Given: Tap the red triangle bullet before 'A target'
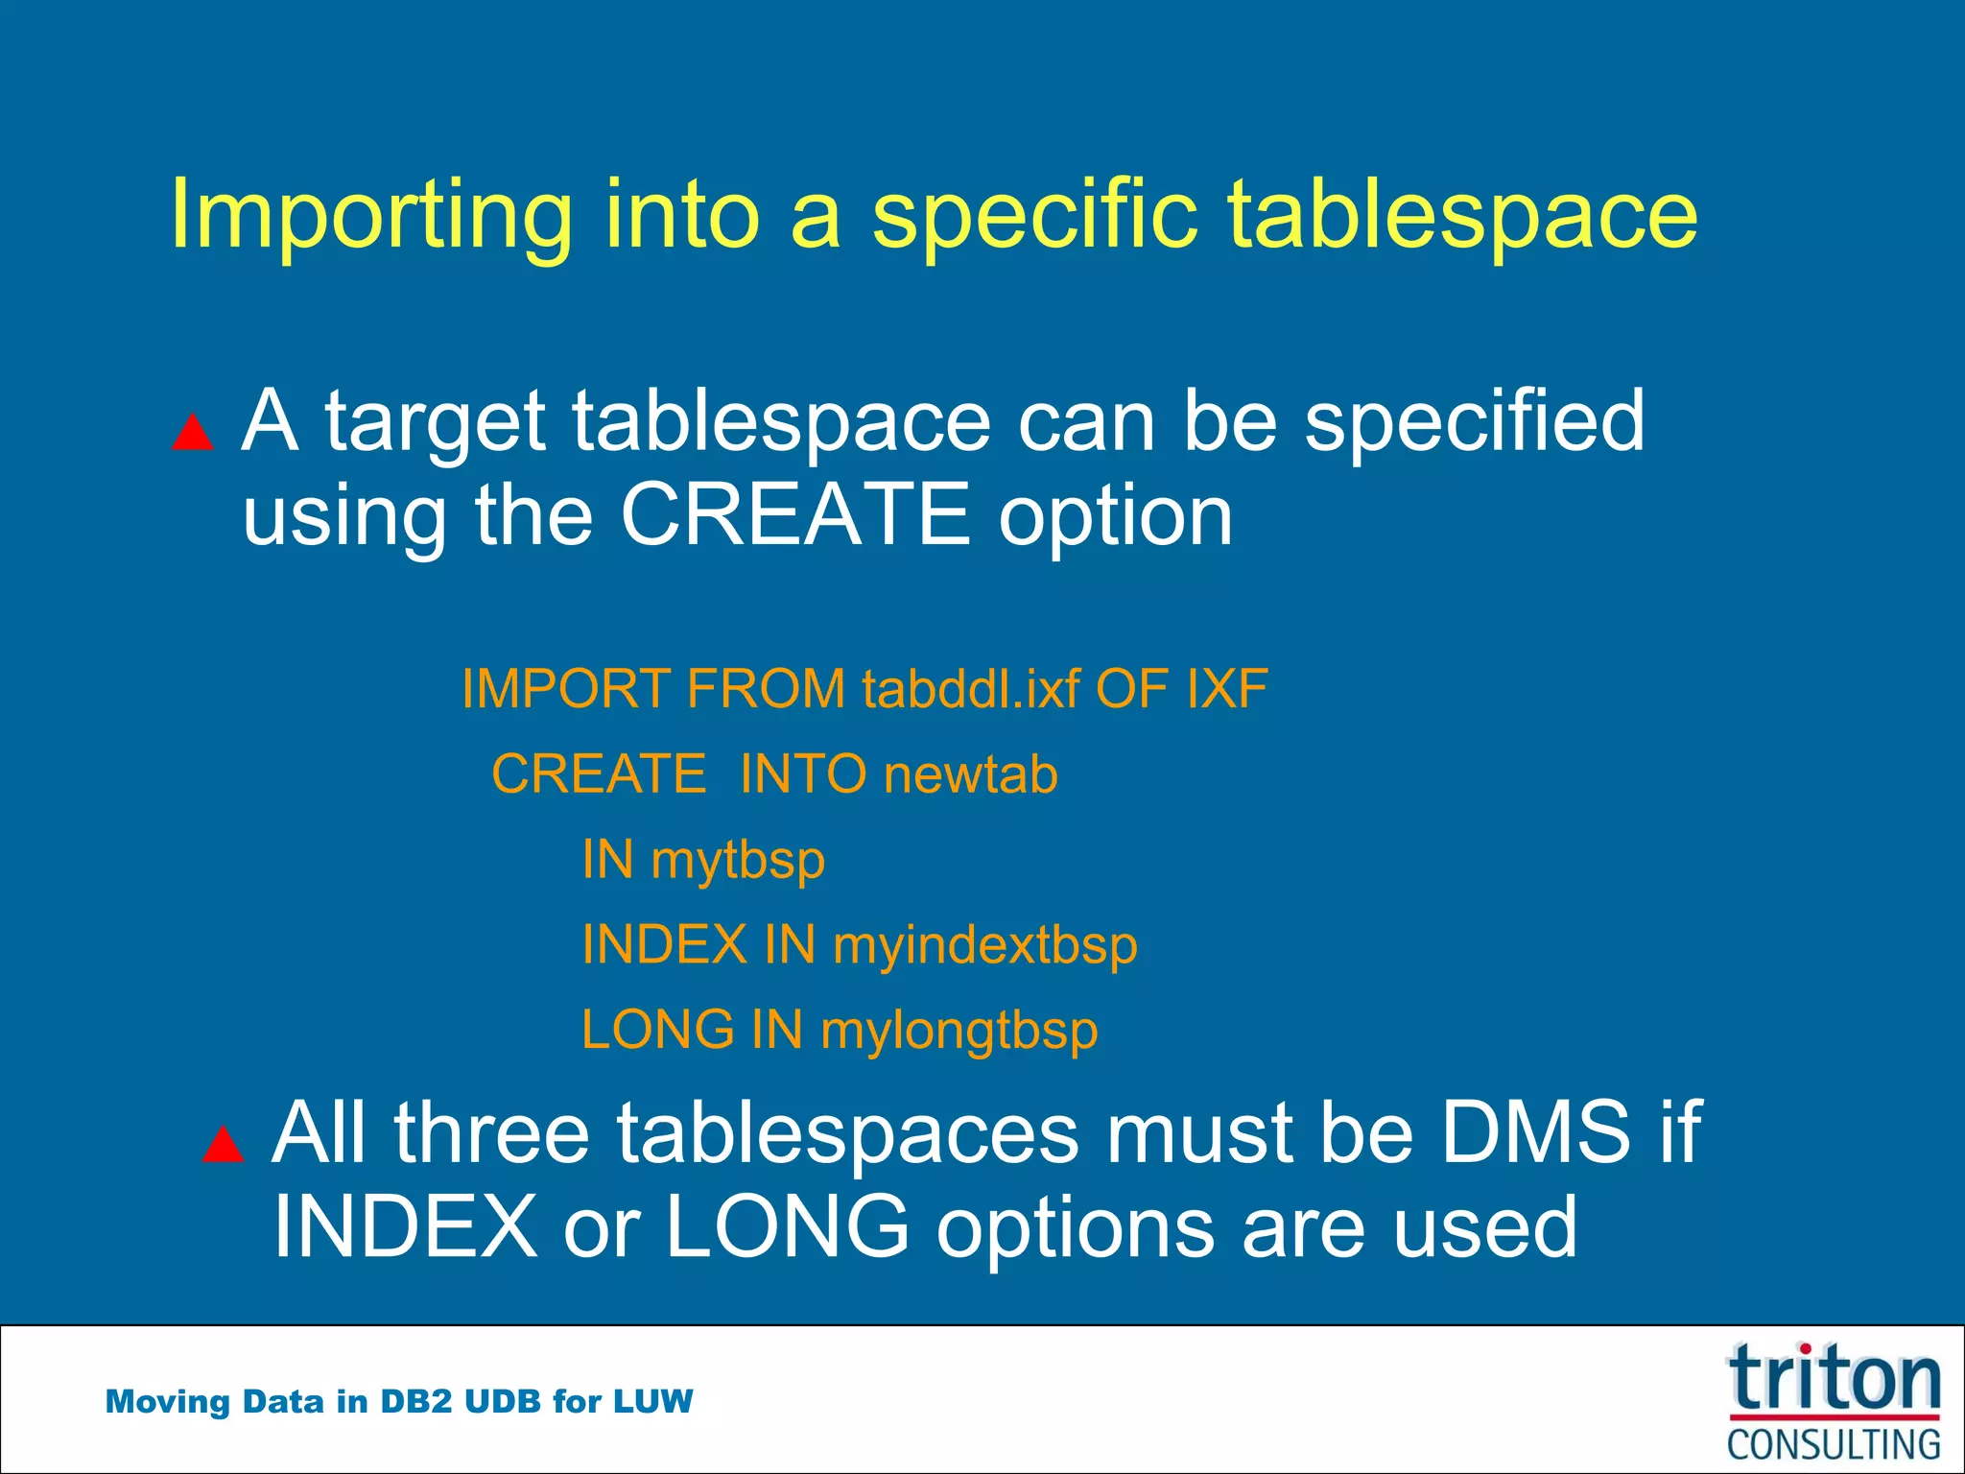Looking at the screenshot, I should click(x=192, y=433).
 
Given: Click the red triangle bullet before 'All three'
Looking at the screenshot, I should click(x=223, y=1144).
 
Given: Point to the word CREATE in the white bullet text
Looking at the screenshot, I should click(x=795, y=514).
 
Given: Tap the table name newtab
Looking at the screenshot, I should click(x=970, y=774).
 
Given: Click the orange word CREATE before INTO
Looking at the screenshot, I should click(x=599, y=774).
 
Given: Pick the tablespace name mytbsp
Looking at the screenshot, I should click(x=737, y=860).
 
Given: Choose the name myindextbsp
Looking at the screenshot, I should click(x=984, y=945).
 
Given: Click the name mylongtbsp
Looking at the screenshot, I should click(x=959, y=1031).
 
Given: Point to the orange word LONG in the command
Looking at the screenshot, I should click(x=658, y=1031).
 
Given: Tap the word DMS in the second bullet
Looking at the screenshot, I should click(x=1535, y=1132).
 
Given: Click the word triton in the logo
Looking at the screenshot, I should click(x=1834, y=1379).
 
